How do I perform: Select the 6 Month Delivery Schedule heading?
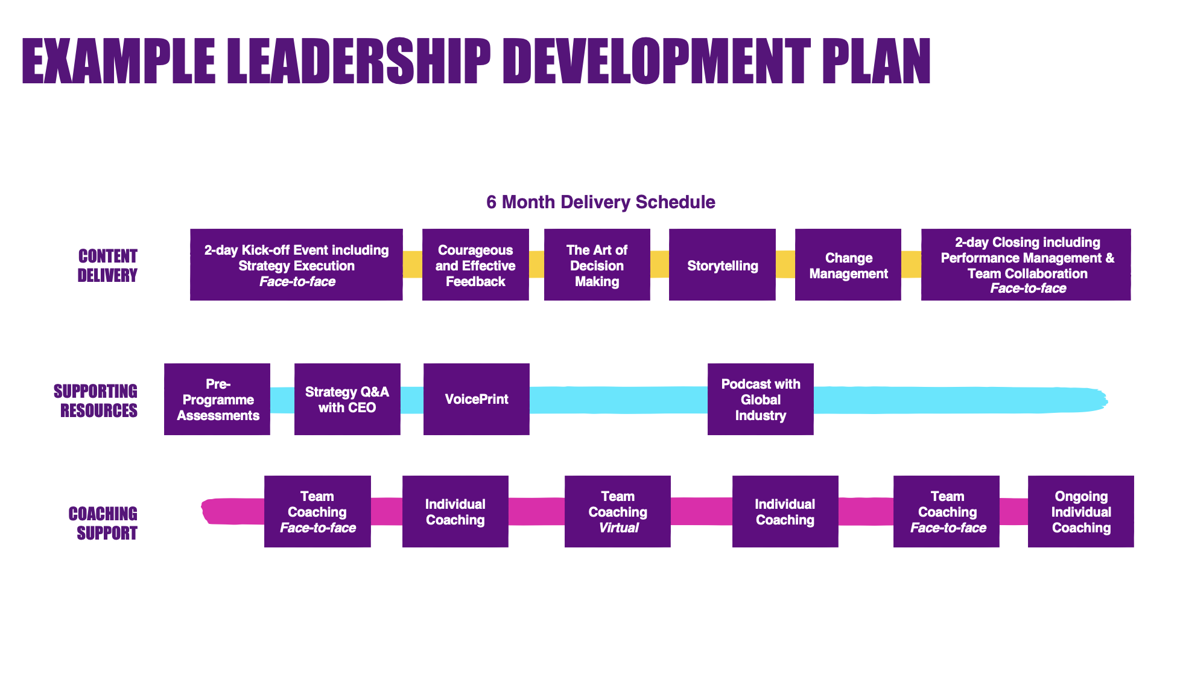click(x=600, y=202)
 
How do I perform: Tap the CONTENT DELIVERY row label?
click(x=107, y=266)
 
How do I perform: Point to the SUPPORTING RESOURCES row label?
click(x=96, y=401)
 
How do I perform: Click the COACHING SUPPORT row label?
click(x=103, y=523)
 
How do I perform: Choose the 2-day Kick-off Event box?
click(x=296, y=264)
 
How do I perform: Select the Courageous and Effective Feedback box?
click(x=475, y=264)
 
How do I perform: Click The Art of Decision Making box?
click(x=597, y=264)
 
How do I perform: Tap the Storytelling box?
click(x=722, y=264)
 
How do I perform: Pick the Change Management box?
click(x=848, y=264)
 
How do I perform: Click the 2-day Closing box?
click(x=1026, y=264)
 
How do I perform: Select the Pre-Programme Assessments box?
click(x=217, y=399)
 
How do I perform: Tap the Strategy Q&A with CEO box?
click(x=347, y=399)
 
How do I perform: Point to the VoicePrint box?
click(x=476, y=399)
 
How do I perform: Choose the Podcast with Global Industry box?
click(x=760, y=399)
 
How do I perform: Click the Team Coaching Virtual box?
click(x=617, y=511)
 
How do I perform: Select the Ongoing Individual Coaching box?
click(x=1080, y=511)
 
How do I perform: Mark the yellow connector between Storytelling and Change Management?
click(x=785, y=264)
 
